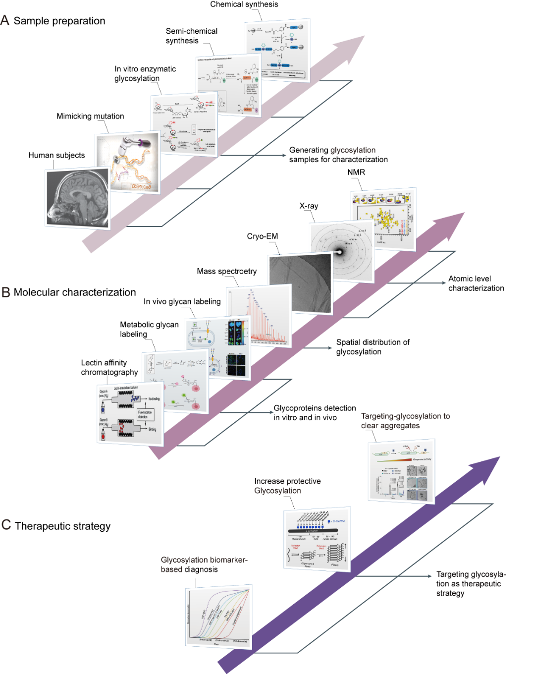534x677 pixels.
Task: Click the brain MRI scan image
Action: pyautogui.click(x=77, y=198)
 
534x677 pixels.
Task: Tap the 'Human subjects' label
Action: pyautogui.click(x=56, y=155)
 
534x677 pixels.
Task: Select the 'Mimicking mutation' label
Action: pyautogui.click(x=90, y=116)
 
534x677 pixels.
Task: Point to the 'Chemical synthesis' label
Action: pyautogui.click(x=244, y=4)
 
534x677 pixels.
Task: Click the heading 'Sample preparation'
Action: pyautogui.click(x=59, y=21)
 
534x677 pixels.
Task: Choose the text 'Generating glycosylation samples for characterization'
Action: pyautogui.click(x=338, y=155)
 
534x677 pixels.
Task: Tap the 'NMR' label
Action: pyautogui.click(x=356, y=172)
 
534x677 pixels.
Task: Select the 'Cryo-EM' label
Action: pyautogui.click(x=263, y=236)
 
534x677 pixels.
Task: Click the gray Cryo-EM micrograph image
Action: pyautogui.click(x=300, y=282)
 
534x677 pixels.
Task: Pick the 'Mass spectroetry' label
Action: pyautogui.click(x=227, y=271)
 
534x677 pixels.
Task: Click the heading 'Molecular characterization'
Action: pyautogui.click(x=74, y=292)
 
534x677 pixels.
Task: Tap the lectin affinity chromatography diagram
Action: pyautogui.click(x=130, y=413)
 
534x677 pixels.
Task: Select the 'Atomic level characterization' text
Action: pyautogui.click(x=476, y=283)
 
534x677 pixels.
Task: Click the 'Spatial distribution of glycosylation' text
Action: pyautogui.click(x=373, y=347)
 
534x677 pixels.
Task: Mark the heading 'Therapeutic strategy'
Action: pyautogui.click(x=62, y=526)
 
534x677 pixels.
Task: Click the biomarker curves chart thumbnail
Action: pyautogui.click(x=218, y=617)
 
